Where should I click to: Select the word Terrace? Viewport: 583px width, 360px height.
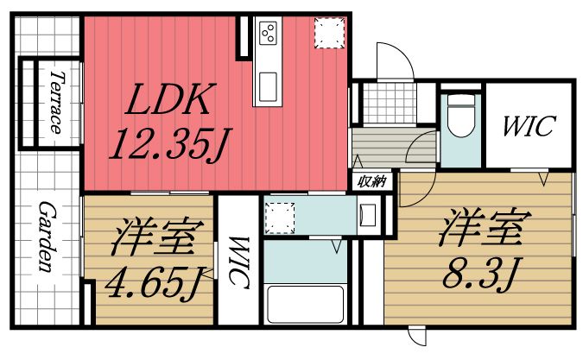(x=54, y=102)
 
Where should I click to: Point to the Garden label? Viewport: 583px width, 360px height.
(x=48, y=238)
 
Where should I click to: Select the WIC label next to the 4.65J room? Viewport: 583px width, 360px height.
(x=238, y=262)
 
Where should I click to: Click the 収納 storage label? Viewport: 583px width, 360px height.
(x=372, y=181)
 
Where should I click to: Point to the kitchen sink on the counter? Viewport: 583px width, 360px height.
(x=265, y=86)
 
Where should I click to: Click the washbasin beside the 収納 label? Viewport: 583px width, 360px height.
(x=366, y=212)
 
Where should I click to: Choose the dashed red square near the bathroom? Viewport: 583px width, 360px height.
(x=280, y=216)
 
